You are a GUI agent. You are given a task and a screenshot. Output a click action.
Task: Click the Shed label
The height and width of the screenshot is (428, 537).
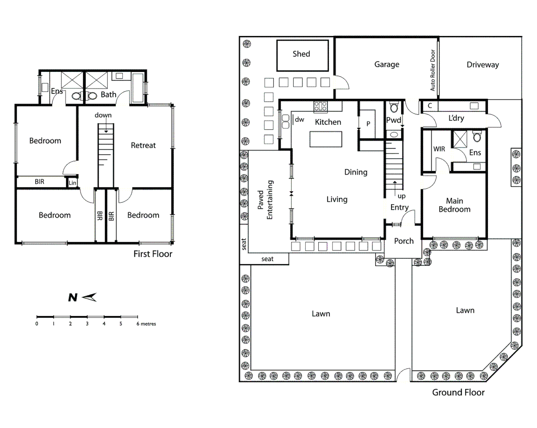pyautogui.click(x=301, y=54)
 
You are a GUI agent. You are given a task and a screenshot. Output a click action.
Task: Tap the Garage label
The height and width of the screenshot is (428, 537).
pyautogui.click(x=386, y=64)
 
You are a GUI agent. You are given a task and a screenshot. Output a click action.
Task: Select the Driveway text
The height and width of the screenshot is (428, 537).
pyautogui.click(x=482, y=65)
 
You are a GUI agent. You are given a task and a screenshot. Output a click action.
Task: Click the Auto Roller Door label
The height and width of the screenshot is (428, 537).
pyautogui.click(x=433, y=70)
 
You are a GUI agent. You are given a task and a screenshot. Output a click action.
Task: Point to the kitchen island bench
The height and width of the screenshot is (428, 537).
pyautogui.click(x=326, y=139)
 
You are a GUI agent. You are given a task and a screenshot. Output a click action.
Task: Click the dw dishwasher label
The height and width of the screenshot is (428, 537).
pyautogui.click(x=299, y=119)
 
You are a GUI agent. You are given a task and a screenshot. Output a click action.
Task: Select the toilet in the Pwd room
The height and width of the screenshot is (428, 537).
pyautogui.click(x=394, y=107)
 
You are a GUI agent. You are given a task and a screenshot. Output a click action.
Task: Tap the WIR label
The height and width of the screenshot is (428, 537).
pyautogui.click(x=439, y=149)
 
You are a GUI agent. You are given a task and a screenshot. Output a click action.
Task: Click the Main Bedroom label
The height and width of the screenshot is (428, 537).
pyautogui.click(x=454, y=205)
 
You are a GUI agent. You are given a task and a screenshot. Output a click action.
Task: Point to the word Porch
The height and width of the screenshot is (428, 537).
pyautogui.click(x=403, y=241)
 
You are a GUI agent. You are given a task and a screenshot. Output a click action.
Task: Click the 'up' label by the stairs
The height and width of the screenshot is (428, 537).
pyautogui.click(x=401, y=196)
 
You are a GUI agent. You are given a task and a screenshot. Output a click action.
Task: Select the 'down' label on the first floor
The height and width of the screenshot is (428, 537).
pyautogui.click(x=103, y=115)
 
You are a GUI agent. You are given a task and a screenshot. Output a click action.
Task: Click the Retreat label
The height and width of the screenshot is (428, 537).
pyautogui.click(x=143, y=145)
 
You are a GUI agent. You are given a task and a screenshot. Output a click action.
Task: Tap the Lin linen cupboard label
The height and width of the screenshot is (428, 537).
pyautogui.click(x=72, y=183)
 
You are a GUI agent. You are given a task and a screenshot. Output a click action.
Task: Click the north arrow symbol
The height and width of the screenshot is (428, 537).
pyautogui.click(x=82, y=297)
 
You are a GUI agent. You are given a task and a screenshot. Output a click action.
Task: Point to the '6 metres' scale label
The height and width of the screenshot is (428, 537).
pyautogui.click(x=146, y=324)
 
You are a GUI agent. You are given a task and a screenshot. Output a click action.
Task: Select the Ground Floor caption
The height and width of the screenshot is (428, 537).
pyautogui.click(x=458, y=392)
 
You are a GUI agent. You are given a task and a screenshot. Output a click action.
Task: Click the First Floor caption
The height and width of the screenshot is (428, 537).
pyautogui.click(x=153, y=254)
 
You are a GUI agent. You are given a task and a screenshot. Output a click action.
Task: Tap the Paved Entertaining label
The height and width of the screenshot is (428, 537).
pyautogui.click(x=265, y=200)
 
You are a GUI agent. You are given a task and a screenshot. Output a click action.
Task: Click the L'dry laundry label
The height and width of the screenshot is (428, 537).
pyautogui.click(x=456, y=118)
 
